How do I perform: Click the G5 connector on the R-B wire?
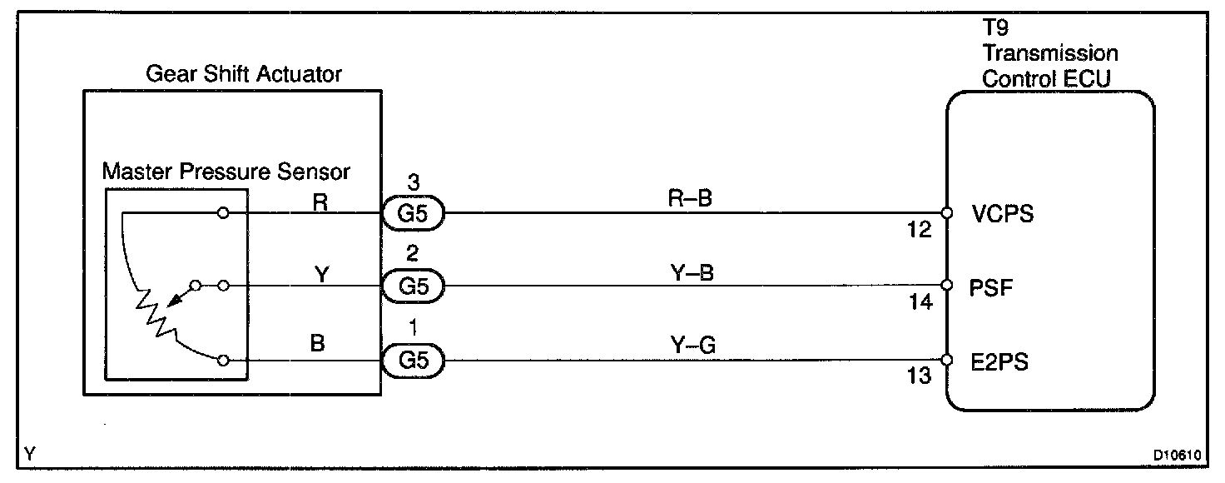(x=413, y=214)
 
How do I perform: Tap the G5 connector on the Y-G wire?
(x=413, y=361)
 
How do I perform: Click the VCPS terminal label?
(x=1002, y=214)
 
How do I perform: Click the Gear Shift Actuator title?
(x=244, y=74)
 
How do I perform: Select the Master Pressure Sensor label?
(x=226, y=172)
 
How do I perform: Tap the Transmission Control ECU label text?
(x=1049, y=66)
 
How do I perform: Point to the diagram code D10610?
(x=1177, y=456)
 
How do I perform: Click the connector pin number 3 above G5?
(x=413, y=181)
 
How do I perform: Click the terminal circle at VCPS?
(x=946, y=213)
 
